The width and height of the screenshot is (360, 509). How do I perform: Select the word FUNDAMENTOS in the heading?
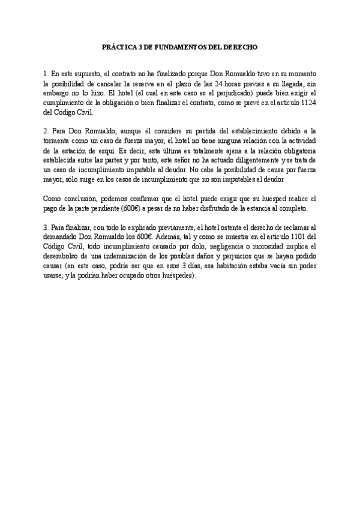pyautogui.click(x=179, y=46)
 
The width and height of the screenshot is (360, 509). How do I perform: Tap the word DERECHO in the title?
pyautogui.click(x=241, y=46)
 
